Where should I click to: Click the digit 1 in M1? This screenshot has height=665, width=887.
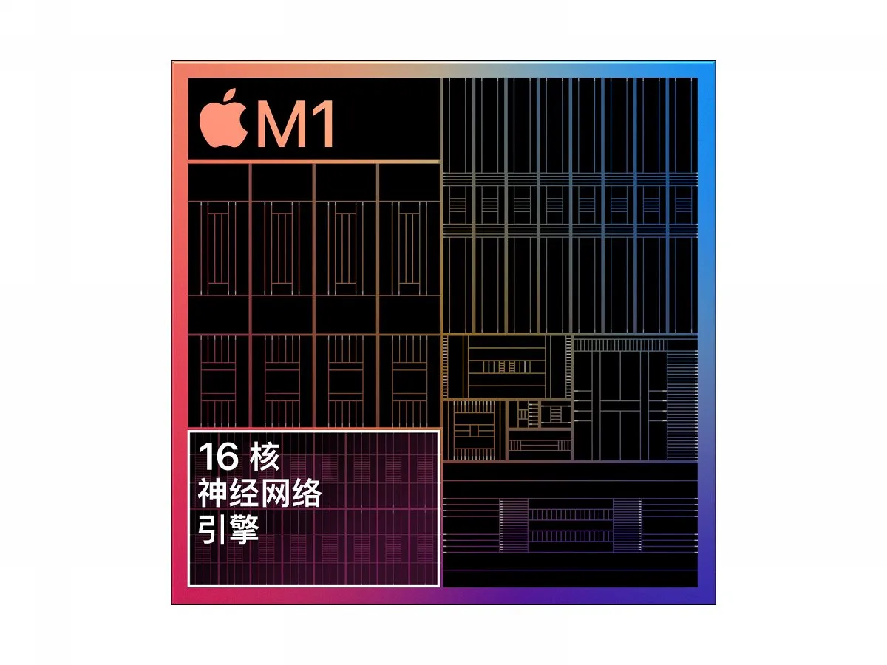[324, 123]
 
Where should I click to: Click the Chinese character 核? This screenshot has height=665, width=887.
[265, 456]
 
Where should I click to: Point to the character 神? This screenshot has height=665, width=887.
[213, 493]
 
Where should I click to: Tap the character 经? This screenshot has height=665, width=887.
[244, 493]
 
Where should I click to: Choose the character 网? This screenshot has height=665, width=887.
[275, 493]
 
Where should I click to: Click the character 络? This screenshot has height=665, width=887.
[307, 493]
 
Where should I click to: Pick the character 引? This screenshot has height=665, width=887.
[213, 529]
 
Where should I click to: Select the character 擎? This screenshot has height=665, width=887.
[244, 529]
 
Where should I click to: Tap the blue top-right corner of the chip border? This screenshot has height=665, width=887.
[715, 62]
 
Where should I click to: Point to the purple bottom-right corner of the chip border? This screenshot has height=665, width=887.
[715, 603]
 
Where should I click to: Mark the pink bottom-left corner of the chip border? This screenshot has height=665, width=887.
[172, 603]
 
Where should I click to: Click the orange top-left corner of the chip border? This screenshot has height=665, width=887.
[172, 62]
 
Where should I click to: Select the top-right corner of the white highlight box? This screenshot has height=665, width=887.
[439, 432]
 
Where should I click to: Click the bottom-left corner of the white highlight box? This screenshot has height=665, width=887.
[188, 585]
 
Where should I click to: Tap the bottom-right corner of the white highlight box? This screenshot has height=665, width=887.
[439, 585]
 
